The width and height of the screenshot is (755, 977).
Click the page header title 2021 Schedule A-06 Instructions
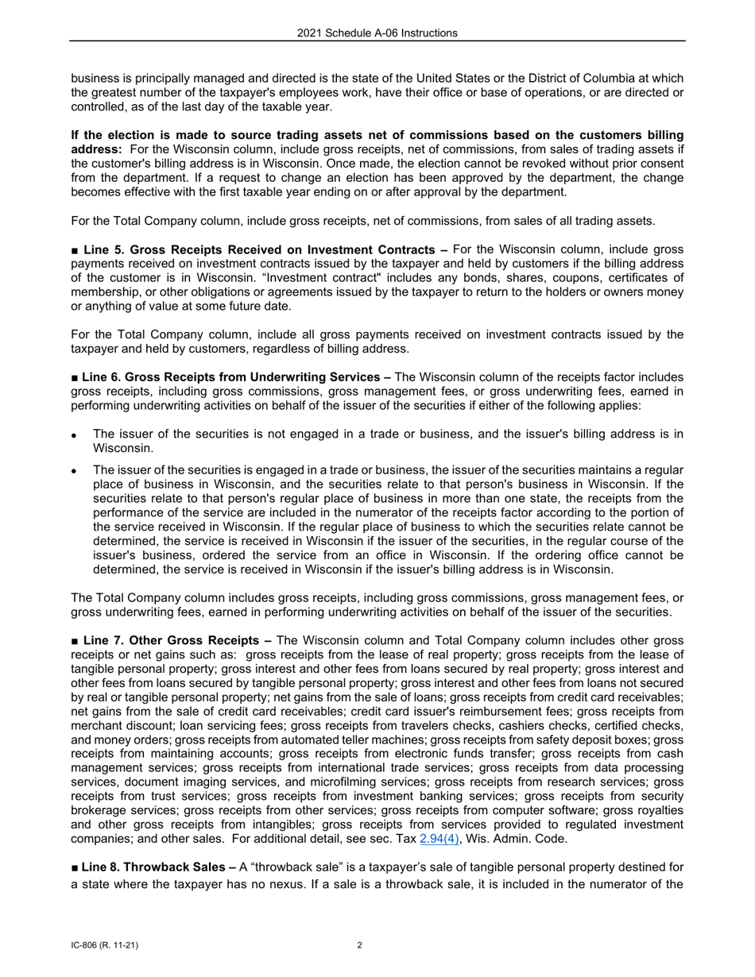click(x=377, y=33)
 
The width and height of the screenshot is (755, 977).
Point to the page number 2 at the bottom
click(x=360, y=945)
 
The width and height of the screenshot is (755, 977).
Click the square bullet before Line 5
click(x=75, y=249)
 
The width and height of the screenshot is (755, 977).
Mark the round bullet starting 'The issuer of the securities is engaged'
click(x=74, y=471)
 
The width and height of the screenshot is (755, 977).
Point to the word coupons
click(x=482, y=278)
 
